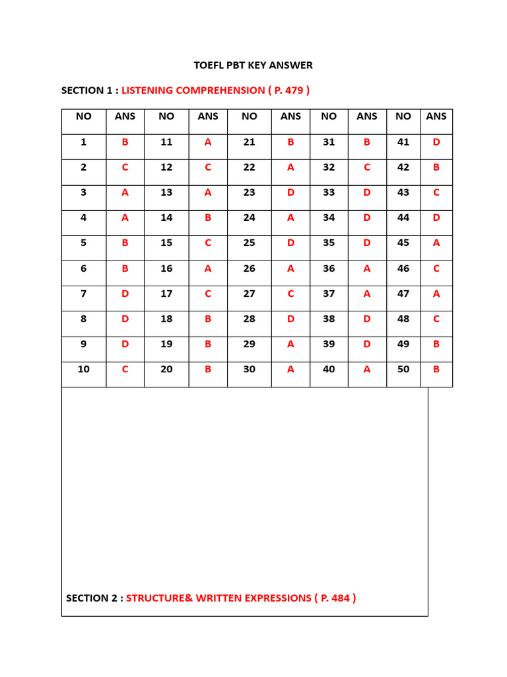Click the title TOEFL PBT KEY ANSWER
tap(253, 65)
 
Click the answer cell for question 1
tap(125, 142)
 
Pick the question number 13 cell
tap(166, 192)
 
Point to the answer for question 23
tap(290, 192)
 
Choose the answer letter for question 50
tap(436, 369)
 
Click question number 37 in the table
tap(329, 294)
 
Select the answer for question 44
tap(436, 218)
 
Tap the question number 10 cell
tap(84, 369)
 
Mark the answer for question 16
tap(208, 268)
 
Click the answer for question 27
tap(290, 294)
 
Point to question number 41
tap(403, 142)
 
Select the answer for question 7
tap(125, 294)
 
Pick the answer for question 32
tap(367, 167)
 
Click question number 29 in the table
tap(249, 344)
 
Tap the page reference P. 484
tap(335, 598)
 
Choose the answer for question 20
tap(208, 369)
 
